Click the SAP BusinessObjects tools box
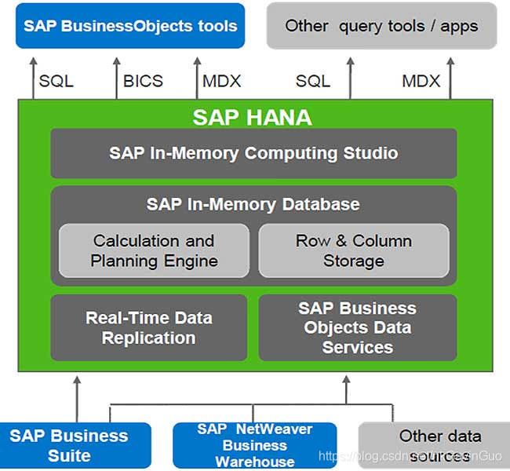129,26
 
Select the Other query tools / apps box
381,26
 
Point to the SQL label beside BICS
56,81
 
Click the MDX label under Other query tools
421,81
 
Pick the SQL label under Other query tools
312,81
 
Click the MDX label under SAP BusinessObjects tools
221,81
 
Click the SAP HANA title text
252,118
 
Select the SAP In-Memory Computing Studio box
253,153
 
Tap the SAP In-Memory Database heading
253,204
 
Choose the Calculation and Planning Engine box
154,250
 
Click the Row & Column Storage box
354,250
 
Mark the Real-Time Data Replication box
148,328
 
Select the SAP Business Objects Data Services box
357,328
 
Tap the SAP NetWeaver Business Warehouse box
255,445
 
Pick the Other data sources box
434,445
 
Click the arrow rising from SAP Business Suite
76,396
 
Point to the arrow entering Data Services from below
345,389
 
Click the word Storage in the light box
354,261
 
